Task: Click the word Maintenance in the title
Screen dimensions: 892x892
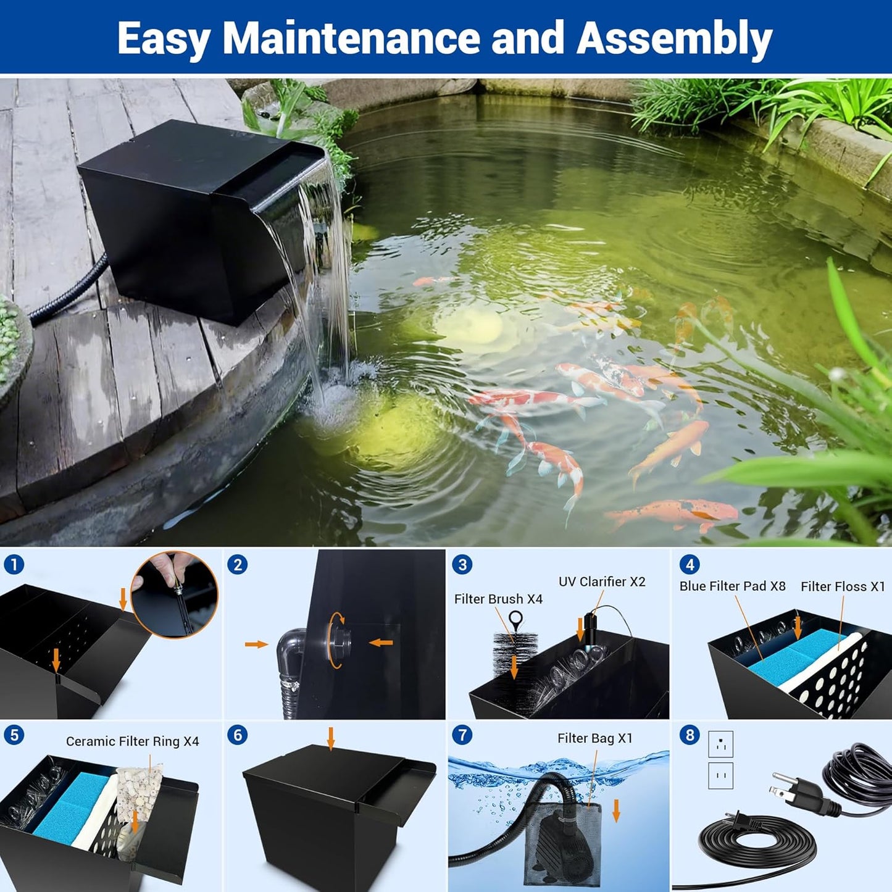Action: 351,38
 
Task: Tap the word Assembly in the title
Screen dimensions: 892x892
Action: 674,38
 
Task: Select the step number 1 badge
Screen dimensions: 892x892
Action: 14,564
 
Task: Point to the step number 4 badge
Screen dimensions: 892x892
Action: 690,564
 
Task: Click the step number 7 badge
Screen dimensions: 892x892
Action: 462,735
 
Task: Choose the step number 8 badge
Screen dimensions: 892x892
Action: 690,735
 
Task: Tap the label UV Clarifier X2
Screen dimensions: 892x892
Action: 602,581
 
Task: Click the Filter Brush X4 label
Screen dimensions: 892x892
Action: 498,599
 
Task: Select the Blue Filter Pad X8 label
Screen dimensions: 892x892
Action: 732,586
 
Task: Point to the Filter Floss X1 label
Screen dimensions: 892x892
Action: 843,586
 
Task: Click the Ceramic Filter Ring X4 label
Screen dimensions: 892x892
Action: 132,741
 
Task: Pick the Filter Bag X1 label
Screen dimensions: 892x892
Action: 594,738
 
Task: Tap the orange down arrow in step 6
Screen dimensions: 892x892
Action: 331,738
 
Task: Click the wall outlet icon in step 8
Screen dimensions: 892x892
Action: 720,759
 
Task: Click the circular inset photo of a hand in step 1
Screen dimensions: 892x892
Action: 175,594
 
